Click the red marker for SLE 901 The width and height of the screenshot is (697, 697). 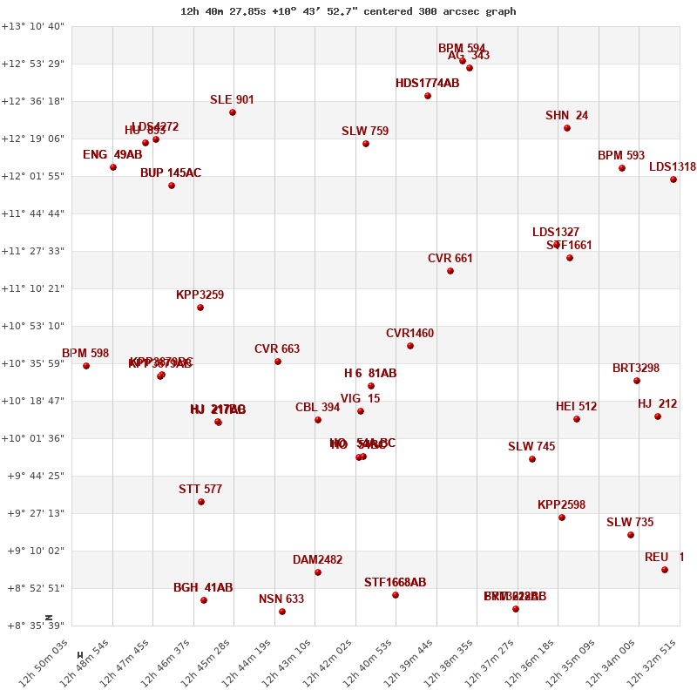point(233,112)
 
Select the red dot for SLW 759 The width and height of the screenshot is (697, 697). point(366,144)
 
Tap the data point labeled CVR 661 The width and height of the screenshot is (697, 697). point(450,271)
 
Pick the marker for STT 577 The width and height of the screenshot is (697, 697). point(201,502)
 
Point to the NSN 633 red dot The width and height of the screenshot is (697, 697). point(282,612)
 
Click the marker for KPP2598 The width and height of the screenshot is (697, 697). point(562,518)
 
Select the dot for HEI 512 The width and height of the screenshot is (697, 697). point(577,419)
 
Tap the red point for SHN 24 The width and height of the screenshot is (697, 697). point(567,128)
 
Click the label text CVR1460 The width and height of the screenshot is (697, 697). point(409,334)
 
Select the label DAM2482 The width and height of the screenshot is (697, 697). point(317,560)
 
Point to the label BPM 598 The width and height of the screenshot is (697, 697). point(85,354)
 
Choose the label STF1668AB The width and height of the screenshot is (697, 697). point(395,583)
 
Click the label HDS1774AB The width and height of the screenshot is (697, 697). point(427,84)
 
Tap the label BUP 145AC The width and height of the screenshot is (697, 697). point(171,173)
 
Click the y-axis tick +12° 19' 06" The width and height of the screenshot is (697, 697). point(32,139)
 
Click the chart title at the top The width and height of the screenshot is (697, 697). point(348,11)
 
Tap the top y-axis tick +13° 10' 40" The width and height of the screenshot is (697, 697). point(32,26)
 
